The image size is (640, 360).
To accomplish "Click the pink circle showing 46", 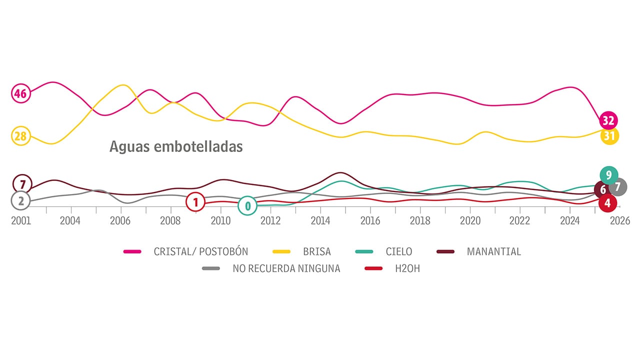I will [x=20, y=93].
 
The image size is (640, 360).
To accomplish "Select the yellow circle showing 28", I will [x=20, y=136].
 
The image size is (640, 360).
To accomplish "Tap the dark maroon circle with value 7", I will [x=22, y=184].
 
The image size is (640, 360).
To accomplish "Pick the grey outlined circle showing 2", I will [x=20, y=201].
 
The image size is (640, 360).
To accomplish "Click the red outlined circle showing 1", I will [x=195, y=202].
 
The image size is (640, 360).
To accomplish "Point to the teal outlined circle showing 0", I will [x=247, y=205].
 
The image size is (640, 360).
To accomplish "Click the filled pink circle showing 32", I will [x=608, y=120].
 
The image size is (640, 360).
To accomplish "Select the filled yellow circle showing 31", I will [x=609, y=135].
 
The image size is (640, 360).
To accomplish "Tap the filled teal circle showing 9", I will [x=608, y=175].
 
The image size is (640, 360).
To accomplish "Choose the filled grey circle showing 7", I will [x=618, y=187].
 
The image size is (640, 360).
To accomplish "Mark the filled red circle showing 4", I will [x=607, y=203].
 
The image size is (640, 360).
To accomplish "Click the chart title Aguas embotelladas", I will [x=176, y=146].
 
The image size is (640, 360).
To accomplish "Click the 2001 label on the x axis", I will [x=21, y=221].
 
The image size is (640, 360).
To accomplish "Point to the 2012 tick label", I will [x=270, y=221].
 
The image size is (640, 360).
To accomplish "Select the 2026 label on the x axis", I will [x=619, y=221].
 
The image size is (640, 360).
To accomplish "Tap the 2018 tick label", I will [x=420, y=221].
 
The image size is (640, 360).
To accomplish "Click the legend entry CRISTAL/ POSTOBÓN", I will [x=200, y=251].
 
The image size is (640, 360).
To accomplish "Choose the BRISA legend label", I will [x=316, y=251].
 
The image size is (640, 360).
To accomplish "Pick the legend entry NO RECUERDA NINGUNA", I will [x=286, y=268].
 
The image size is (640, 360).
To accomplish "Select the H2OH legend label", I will [x=407, y=268].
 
